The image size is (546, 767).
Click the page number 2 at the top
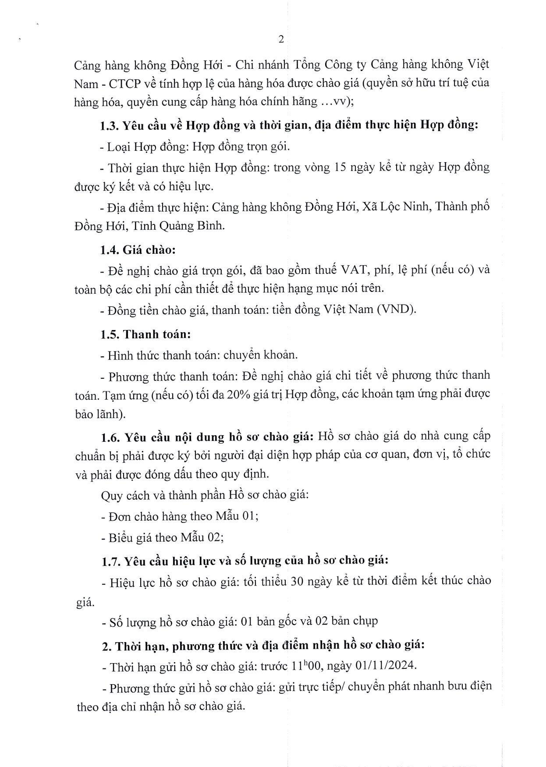pos(281,40)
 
